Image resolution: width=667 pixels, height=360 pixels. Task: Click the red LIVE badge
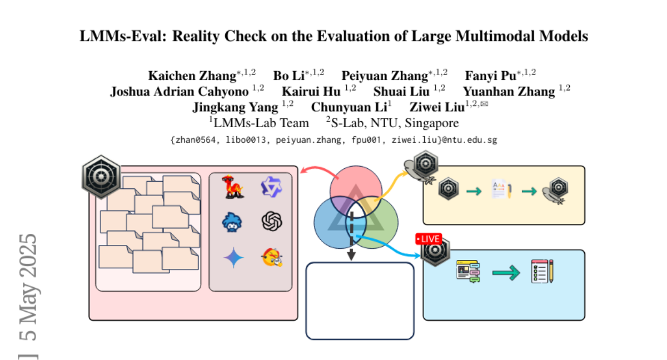[428, 239]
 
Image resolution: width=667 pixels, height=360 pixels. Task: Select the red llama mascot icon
[231, 187]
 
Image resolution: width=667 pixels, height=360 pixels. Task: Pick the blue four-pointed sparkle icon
[233, 257]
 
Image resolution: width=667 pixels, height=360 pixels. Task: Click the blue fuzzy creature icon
[232, 222]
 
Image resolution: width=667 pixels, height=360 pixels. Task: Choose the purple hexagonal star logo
[272, 187]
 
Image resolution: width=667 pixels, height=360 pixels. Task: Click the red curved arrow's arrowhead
[303, 172]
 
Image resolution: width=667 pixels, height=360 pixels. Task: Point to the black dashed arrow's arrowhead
[351, 256]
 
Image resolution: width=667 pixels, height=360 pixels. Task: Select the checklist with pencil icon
[542, 271]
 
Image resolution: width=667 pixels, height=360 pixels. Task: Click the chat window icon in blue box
[467, 272]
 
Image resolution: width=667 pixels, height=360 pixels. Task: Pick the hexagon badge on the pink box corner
[101, 177]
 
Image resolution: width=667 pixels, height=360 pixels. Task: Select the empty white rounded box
[360, 301]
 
